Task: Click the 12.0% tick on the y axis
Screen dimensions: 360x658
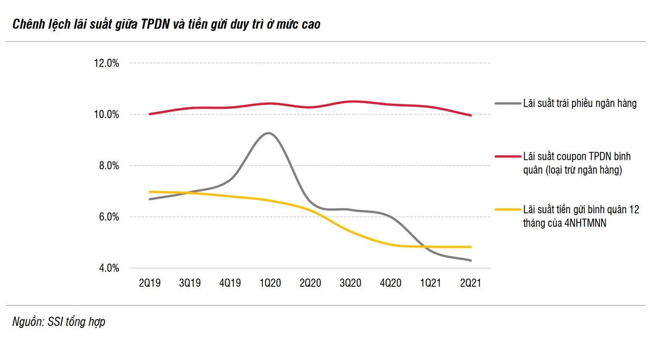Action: [106, 63]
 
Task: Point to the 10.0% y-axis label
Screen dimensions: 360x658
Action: [106, 115]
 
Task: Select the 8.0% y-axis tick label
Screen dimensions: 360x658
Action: [108, 166]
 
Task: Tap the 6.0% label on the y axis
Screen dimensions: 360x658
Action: [108, 217]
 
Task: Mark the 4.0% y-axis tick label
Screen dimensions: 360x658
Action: [108, 268]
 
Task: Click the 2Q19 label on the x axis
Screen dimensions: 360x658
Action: [149, 283]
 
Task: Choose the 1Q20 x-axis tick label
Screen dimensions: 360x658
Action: [270, 283]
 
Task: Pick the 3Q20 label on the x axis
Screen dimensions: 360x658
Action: [350, 283]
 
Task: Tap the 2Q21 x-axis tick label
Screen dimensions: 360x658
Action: [470, 283]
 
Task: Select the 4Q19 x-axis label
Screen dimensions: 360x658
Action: [230, 283]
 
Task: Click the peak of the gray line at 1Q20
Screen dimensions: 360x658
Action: [269, 133]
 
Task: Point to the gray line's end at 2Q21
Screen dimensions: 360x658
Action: [470, 260]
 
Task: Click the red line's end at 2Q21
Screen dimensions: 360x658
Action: [470, 115]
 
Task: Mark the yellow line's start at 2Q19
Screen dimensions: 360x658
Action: [150, 192]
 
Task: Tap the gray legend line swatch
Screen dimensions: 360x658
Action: [507, 103]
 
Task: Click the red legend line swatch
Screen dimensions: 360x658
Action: [507, 157]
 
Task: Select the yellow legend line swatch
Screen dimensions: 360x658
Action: [507, 209]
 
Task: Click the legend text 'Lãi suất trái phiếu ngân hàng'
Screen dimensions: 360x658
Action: [580, 103]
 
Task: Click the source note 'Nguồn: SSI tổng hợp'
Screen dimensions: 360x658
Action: [58, 322]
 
